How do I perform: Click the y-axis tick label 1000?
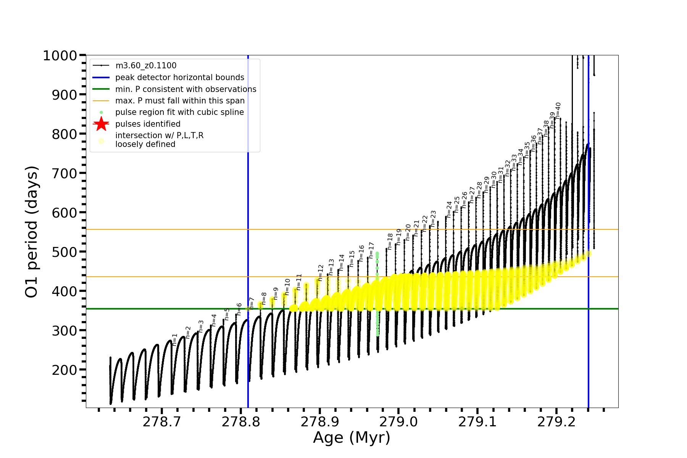(60, 56)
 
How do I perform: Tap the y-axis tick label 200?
(65, 370)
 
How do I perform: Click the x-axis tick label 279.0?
(398, 422)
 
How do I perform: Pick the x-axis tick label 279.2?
(556, 422)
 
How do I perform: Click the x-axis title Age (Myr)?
(352, 438)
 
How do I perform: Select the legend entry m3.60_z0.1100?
(146, 66)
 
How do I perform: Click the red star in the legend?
(101, 124)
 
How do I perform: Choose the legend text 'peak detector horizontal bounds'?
(180, 77)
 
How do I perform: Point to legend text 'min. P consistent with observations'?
(186, 89)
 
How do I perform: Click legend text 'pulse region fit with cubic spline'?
(180, 112)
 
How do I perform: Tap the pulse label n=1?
(175, 339)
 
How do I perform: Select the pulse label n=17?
(371, 250)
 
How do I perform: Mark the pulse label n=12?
(321, 273)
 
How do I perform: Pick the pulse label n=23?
(433, 218)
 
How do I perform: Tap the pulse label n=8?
(264, 298)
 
